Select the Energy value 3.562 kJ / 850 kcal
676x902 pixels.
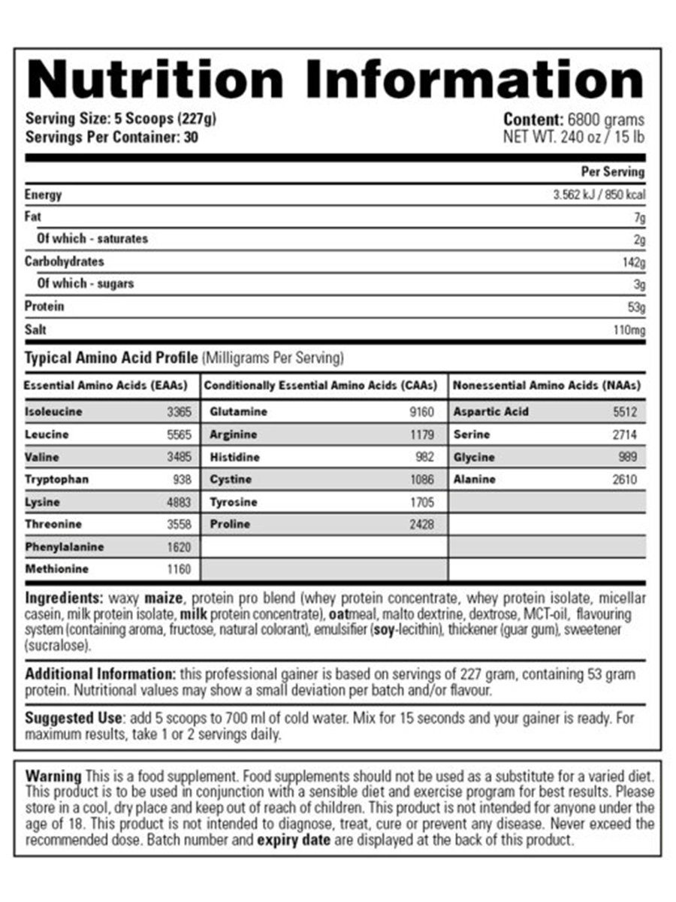pyautogui.click(x=598, y=195)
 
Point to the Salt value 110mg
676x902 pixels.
pyautogui.click(x=629, y=330)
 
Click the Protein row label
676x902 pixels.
pyautogui.click(x=44, y=307)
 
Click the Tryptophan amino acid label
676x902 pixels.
pyautogui.click(x=56, y=480)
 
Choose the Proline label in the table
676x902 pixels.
pyautogui.click(x=230, y=524)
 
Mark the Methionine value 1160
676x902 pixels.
pyautogui.click(x=179, y=569)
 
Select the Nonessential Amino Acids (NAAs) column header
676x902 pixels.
pyautogui.click(x=547, y=386)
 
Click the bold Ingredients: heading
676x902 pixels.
pyautogui.click(x=65, y=599)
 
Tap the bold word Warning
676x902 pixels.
pyautogui.click(x=53, y=776)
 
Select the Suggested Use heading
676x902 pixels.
pyautogui.click(x=73, y=718)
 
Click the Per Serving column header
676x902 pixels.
pyautogui.click(x=613, y=172)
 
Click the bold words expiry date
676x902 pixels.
pyautogui.click(x=293, y=840)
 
